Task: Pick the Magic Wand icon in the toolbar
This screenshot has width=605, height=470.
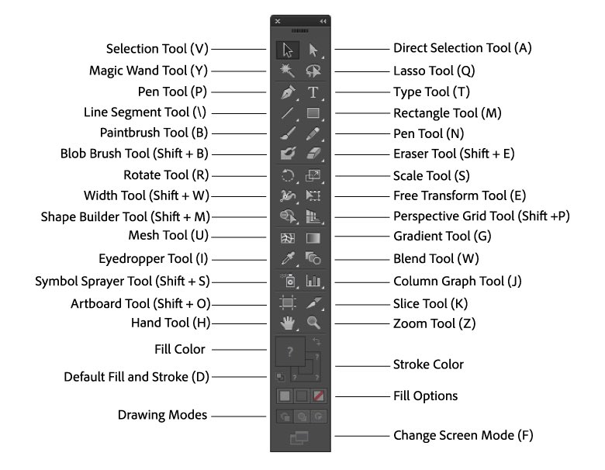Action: pos(288,71)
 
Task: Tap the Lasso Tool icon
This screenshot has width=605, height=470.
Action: pos(313,71)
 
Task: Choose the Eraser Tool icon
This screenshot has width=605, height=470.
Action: pos(313,154)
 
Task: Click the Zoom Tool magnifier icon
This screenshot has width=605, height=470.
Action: pos(313,323)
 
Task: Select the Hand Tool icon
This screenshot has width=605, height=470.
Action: pos(288,323)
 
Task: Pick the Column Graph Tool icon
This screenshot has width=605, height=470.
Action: pos(313,281)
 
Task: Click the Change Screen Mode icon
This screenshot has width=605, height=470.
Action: pos(300,438)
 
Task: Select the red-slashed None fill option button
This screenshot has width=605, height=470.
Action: pos(319,396)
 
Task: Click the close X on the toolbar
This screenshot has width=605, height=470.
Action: pos(278,20)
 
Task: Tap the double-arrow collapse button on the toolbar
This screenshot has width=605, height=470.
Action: pos(323,20)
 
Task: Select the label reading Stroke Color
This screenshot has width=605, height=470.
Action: pos(429,365)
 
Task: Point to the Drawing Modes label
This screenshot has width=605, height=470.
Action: pos(163,415)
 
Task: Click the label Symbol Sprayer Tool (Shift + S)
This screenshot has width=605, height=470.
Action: pos(123,281)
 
